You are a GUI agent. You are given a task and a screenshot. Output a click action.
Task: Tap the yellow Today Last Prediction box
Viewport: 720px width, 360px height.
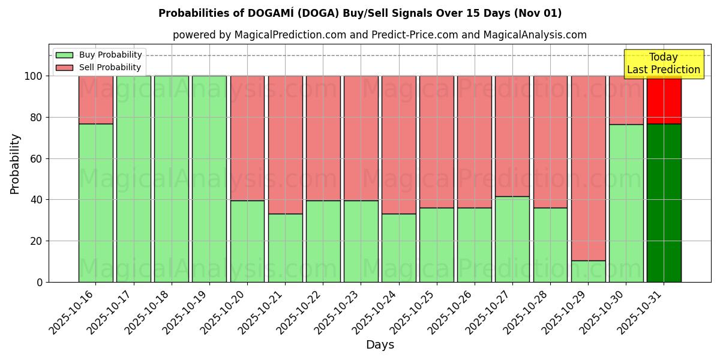[x=664, y=64]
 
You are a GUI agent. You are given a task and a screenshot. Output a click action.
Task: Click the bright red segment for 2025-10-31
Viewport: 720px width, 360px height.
[x=664, y=100]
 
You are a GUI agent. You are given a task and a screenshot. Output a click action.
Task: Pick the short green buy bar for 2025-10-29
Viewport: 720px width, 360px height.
[x=588, y=271]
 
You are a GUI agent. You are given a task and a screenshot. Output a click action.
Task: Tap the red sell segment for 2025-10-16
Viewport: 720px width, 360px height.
[x=96, y=100]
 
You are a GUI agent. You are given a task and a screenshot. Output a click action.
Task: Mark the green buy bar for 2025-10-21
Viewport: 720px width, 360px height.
[x=285, y=248]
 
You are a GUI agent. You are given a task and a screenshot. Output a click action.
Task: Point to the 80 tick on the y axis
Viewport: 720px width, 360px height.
[x=35, y=117]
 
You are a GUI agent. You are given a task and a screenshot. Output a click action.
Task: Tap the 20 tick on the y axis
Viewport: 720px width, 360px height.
[x=35, y=241]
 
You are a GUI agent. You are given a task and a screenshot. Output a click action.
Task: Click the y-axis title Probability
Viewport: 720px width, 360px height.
[x=15, y=163]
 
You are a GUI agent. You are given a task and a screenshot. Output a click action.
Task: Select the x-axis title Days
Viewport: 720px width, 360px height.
[x=380, y=345]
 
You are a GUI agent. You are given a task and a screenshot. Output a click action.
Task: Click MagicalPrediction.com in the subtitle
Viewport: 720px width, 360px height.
[x=290, y=35]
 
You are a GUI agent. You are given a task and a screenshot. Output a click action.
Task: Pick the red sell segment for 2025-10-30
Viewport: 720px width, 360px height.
[x=626, y=100]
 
